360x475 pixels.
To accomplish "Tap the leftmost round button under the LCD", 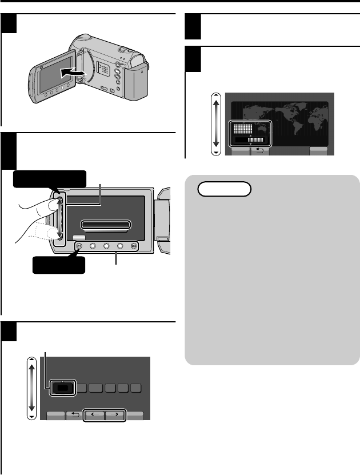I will [79, 247].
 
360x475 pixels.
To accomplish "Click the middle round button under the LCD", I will [107, 247].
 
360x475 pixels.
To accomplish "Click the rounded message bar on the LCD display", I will [106, 225].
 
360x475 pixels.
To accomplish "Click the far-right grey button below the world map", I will [319, 151].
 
